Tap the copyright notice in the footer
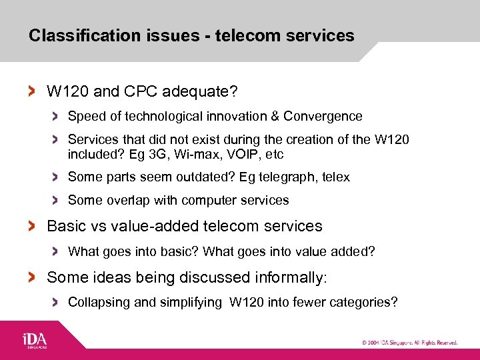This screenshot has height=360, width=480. point(409,343)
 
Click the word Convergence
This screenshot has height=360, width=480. point(323,117)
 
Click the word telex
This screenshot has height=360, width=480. point(336,177)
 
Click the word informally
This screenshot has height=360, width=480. point(289,277)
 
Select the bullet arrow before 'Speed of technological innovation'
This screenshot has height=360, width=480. point(57,117)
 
